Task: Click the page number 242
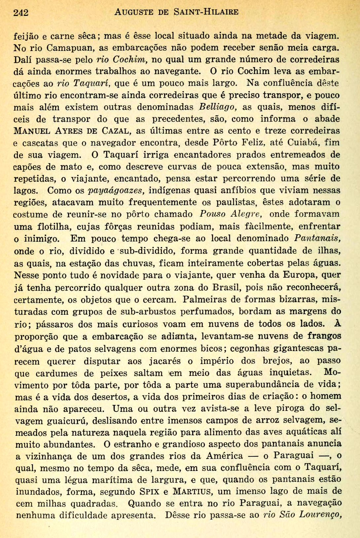(x=21, y=13)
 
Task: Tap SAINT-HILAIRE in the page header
(x=206, y=12)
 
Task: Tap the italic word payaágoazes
(x=116, y=191)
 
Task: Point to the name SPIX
(x=151, y=491)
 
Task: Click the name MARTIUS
(x=192, y=491)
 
